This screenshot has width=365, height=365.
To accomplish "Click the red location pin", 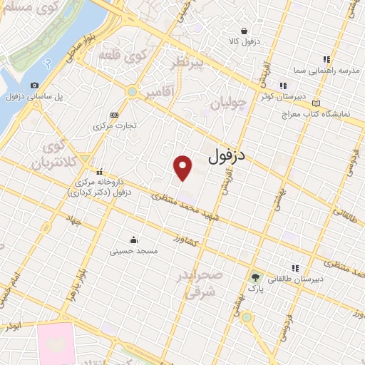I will pyautogui.click(x=183, y=167).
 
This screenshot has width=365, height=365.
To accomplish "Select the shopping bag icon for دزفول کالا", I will pyautogui.click(x=245, y=31).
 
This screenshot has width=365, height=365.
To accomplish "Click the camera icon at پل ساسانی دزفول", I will pyautogui.click(x=34, y=86).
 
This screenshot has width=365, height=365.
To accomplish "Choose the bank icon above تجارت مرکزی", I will pyautogui.click(x=113, y=114).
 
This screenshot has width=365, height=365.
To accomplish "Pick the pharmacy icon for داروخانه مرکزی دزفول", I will pyautogui.click(x=99, y=172).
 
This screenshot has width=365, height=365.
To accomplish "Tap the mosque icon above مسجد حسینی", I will pyautogui.click(x=133, y=240).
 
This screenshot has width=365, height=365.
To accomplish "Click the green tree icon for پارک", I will pyautogui.click(x=255, y=277).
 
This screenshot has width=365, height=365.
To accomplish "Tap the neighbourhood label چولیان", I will pyautogui.click(x=231, y=105).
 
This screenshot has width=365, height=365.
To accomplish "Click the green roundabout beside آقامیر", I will pyautogui.click(x=131, y=91).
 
